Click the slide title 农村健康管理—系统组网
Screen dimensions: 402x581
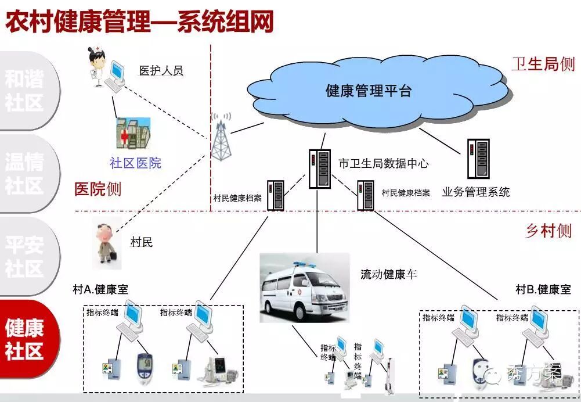(x=139, y=21)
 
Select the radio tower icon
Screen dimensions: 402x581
(x=220, y=137)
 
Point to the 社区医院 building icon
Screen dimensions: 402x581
(x=133, y=135)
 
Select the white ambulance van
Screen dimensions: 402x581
(x=305, y=288)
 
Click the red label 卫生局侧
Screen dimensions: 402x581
(x=543, y=63)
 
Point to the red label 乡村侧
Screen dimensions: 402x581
(x=548, y=231)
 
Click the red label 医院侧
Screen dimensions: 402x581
(x=98, y=189)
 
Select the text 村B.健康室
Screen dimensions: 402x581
(x=543, y=289)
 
